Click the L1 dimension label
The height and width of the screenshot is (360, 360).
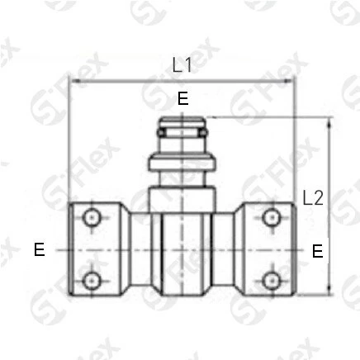pos(182,65)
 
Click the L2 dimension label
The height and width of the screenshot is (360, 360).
pos(313,198)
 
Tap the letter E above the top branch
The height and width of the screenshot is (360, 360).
pos(183,98)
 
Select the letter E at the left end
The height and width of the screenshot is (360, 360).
pos(40,250)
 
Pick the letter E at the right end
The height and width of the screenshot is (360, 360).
pos(318,251)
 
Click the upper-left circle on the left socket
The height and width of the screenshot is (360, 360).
pos(92,218)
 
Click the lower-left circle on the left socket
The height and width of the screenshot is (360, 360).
pos(92,281)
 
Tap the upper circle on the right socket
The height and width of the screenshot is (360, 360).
pos(272,217)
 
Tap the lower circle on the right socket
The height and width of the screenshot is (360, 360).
pos(272,281)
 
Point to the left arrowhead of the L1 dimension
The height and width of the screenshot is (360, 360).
pos(75,81)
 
